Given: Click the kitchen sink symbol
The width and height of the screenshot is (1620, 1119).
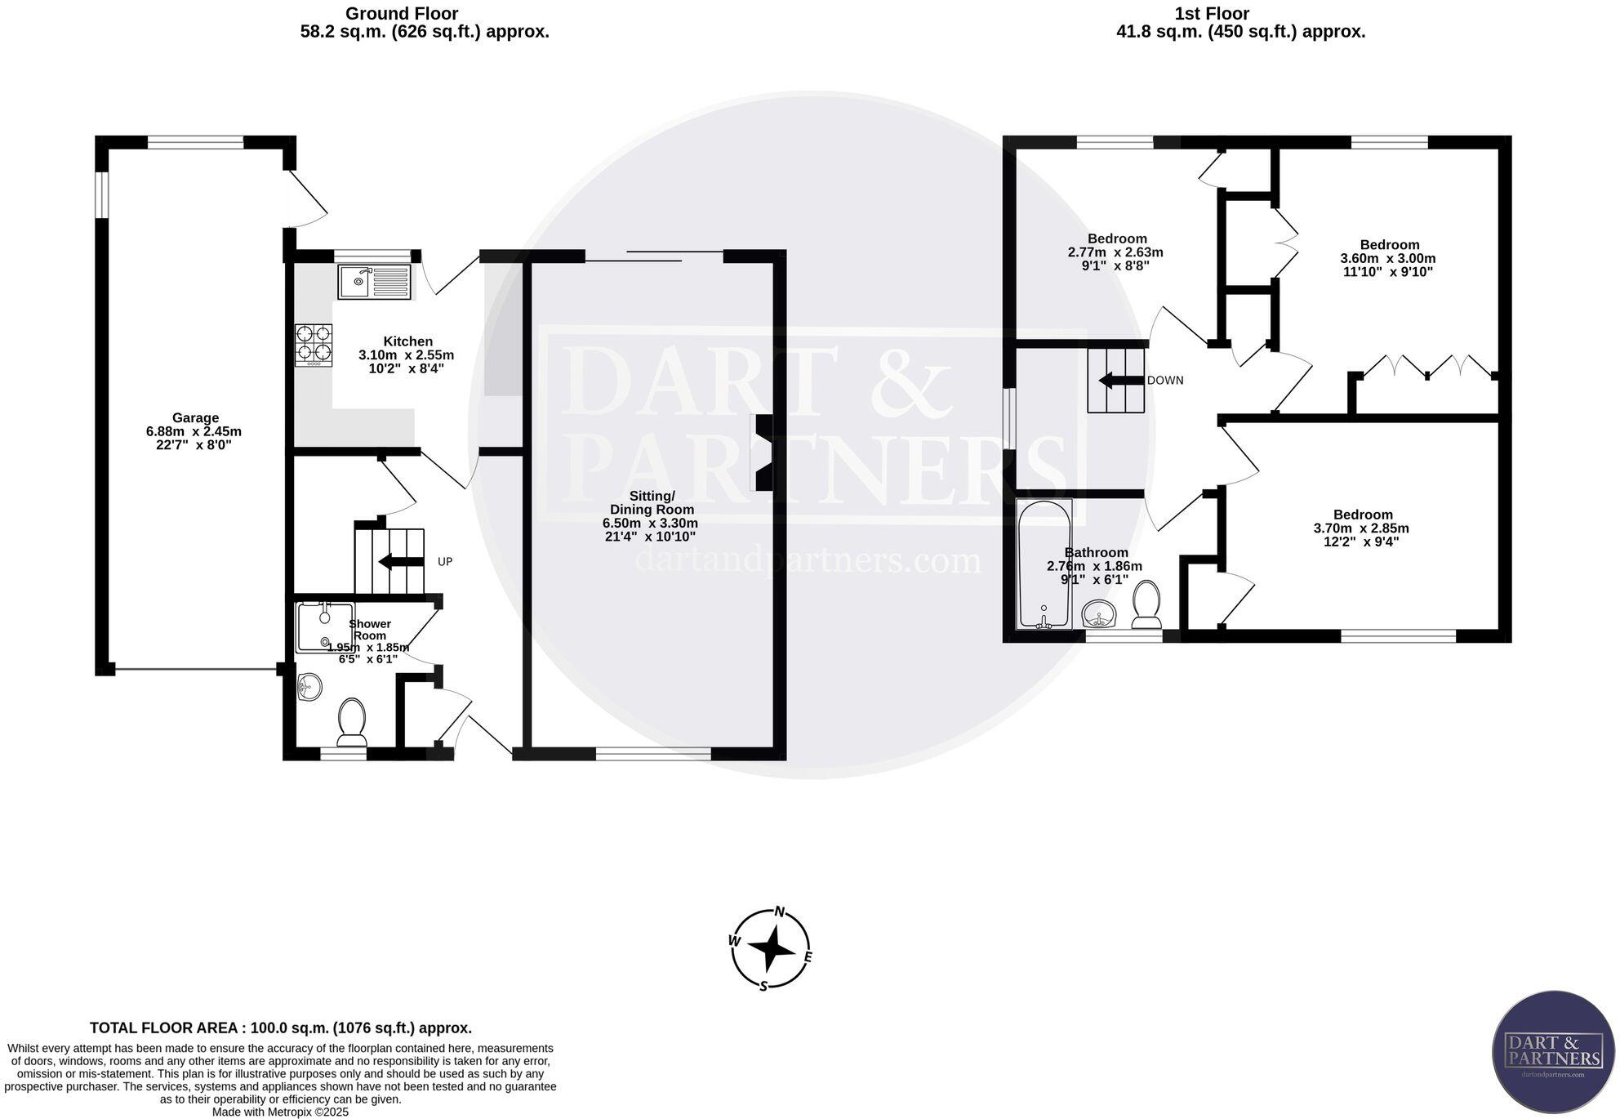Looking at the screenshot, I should click(x=374, y=282).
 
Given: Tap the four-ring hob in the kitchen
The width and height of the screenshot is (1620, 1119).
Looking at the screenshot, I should click(x=314, y=344).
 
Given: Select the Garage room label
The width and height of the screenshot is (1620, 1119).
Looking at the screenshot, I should click(x=195, y=418).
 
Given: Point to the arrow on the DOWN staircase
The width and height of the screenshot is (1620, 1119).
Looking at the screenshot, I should click(x=1121, y=381).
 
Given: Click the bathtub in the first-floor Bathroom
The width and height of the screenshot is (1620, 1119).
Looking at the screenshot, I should click(x=1044, y=564).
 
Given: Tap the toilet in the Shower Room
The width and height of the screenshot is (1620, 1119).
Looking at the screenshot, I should click(x=352, y=721).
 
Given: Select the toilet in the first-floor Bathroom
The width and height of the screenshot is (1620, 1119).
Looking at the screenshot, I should click(x=1147, y=604).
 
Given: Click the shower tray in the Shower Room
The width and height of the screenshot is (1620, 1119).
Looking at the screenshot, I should click(x=324, y=627).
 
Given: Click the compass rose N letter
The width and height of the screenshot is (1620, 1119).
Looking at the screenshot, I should click(x=780, y=912).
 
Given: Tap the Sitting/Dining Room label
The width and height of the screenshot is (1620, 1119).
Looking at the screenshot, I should click(x=651, y=502).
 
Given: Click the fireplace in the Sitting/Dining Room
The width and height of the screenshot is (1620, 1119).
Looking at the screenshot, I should click(x=763, y=453).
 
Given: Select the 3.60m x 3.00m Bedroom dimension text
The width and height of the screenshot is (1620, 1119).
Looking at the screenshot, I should click(x=1388, y=258).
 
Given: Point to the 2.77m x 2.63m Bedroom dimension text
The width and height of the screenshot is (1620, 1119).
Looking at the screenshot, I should click(x=1115, y=252).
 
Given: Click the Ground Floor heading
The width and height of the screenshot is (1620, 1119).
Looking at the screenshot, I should click(x=401, y=13).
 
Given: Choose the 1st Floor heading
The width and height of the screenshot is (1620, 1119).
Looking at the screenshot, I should click(x=1212, y=13).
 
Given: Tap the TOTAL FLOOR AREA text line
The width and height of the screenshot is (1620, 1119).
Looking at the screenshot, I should click(x=280, y=1028).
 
